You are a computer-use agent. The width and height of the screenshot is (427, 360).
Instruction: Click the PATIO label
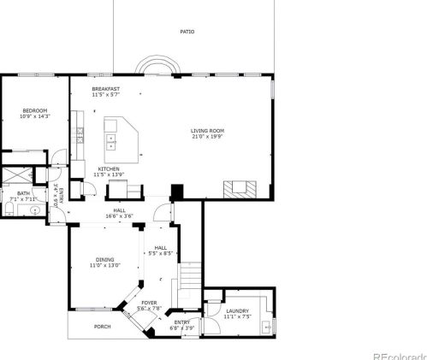click(187, 32)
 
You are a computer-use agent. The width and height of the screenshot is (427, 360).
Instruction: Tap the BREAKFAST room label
click(106, 88)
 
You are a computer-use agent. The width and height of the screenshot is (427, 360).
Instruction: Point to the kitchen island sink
click(112, 140)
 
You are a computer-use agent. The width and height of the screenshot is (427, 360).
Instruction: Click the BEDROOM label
click(34, 109)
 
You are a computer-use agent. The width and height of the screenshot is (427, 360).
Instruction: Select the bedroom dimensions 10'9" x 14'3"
click(34, 116)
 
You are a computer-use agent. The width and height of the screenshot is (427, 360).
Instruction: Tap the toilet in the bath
click(9, 210)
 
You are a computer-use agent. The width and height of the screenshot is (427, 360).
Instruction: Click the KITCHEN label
click(109, 169)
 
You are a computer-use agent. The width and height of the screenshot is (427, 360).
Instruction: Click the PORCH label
click(102, 326)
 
